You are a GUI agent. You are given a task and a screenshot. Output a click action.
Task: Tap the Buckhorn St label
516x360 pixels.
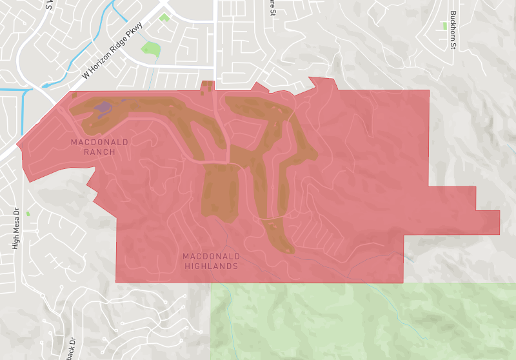tap(453, 30)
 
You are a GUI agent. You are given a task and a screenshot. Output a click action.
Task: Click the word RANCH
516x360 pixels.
tap(99, 152)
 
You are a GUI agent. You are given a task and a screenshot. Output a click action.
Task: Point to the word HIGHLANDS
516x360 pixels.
tap(212, 266)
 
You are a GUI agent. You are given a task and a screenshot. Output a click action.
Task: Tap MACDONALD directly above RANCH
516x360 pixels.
tap(100, 142)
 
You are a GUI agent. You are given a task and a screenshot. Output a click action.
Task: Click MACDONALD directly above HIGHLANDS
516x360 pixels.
tap(212, 256)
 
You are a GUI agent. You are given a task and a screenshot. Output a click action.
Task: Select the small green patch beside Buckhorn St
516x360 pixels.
tap(444, 26)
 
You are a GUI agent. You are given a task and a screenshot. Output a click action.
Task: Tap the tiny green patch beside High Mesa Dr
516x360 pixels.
tap(28, 213)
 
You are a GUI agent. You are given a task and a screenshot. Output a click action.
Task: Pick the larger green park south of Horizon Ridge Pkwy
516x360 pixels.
tap(151, 48)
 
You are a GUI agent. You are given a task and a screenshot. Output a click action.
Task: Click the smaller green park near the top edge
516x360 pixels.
tap(164, 17)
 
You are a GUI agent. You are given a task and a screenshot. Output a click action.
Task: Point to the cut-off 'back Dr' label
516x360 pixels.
tap(71, 348)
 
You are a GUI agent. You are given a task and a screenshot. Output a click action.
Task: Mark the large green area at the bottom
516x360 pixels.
tap(361, 323)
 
